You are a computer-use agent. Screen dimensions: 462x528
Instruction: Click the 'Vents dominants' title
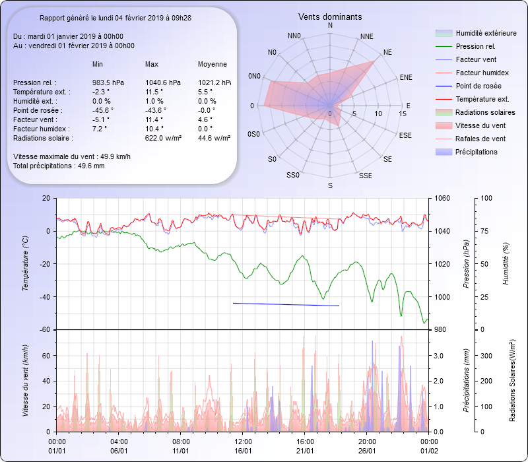coord(330,16)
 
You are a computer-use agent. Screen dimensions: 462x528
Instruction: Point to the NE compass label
coord(387,51)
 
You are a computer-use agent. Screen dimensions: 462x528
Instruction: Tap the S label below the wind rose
coord(330,186)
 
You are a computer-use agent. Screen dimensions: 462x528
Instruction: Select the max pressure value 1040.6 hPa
coord(162,82)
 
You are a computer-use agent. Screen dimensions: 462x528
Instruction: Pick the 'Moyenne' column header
coord(213,64)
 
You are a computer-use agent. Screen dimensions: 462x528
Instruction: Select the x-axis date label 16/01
coord(244,451)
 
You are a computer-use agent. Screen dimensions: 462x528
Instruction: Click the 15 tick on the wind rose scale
coord(403,114)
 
